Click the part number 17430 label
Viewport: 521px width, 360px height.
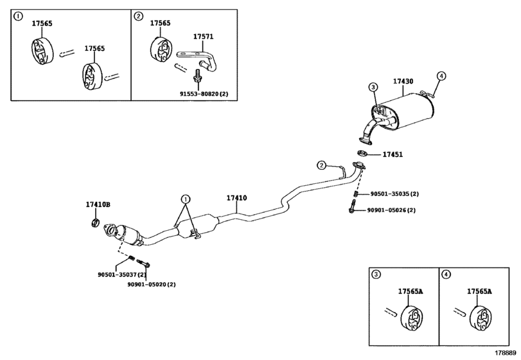(x=403, y=81)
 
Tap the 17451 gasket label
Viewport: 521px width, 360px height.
(x=393, y=154)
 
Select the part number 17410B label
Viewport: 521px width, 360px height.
(x=98, y=205)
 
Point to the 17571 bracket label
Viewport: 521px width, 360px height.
(x=204, y=37)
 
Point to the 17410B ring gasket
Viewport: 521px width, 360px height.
(x=95, y=222)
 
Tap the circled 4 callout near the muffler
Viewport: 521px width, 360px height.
(x=441, y=76)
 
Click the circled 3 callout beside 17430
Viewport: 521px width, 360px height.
(x=373, y=87)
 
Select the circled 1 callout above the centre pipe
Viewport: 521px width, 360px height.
(x=186, y=199)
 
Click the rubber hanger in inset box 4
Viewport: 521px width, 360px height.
(x=480, y=318)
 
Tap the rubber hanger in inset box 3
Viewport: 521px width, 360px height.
(x=411, y=318)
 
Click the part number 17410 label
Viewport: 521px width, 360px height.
(x=236, y=198)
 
